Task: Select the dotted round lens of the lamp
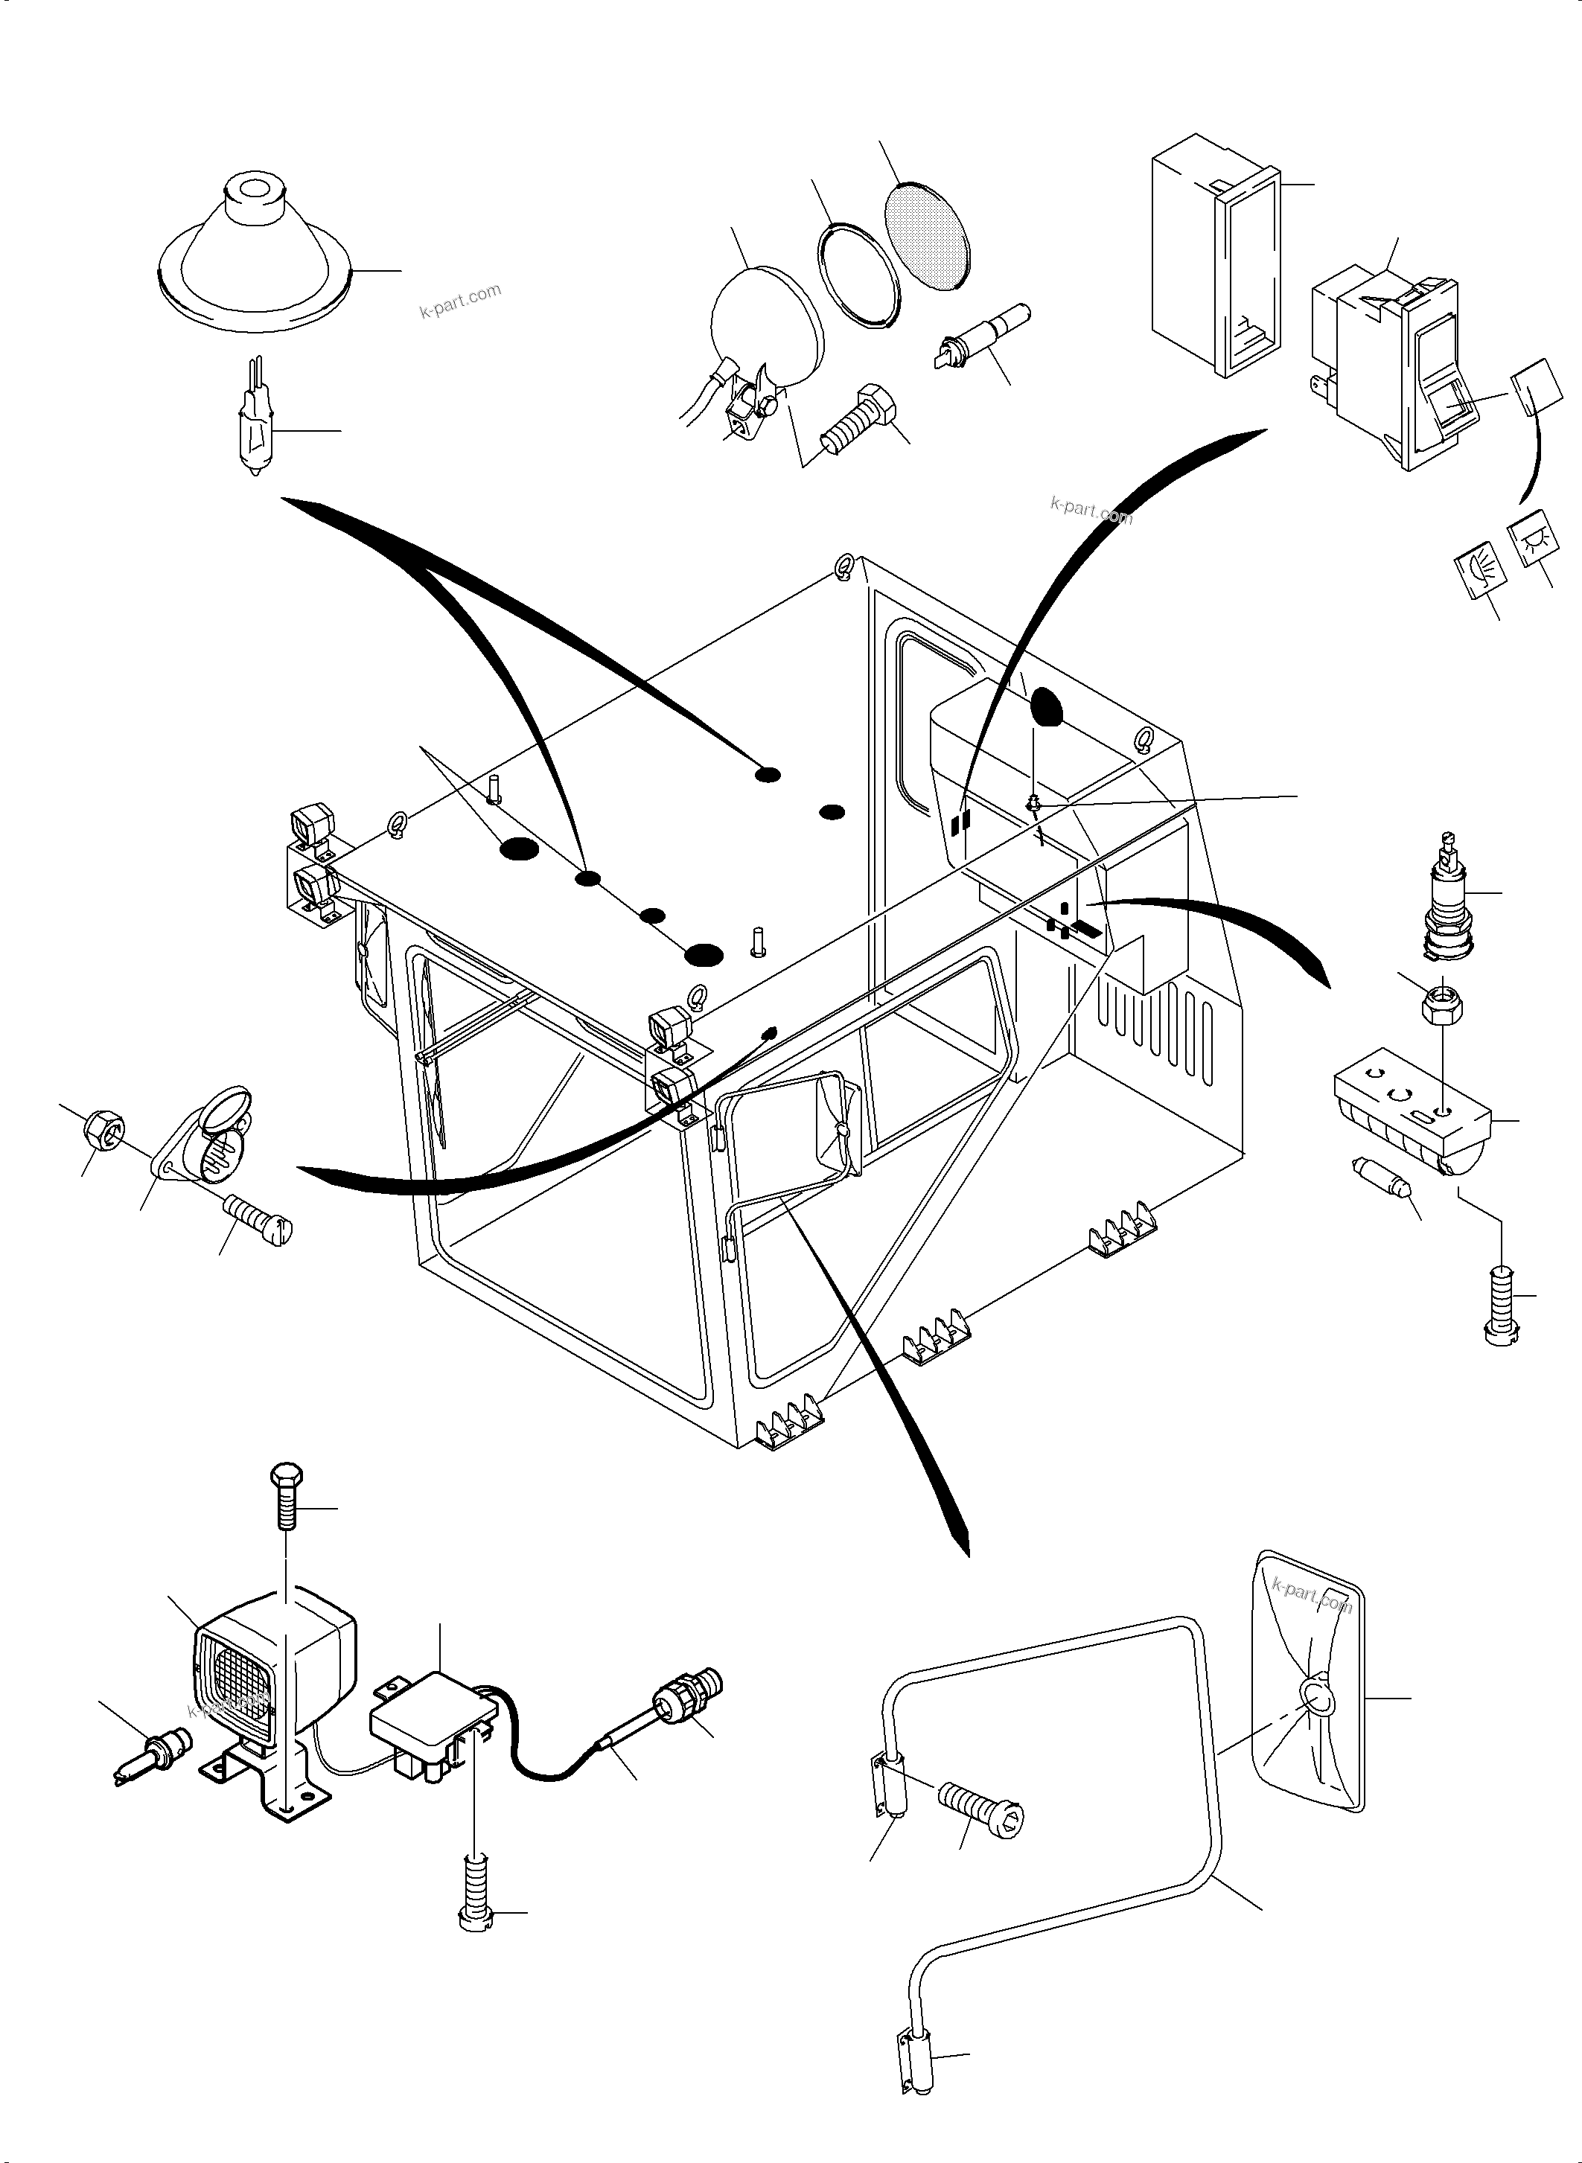click(x=930, y=237)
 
